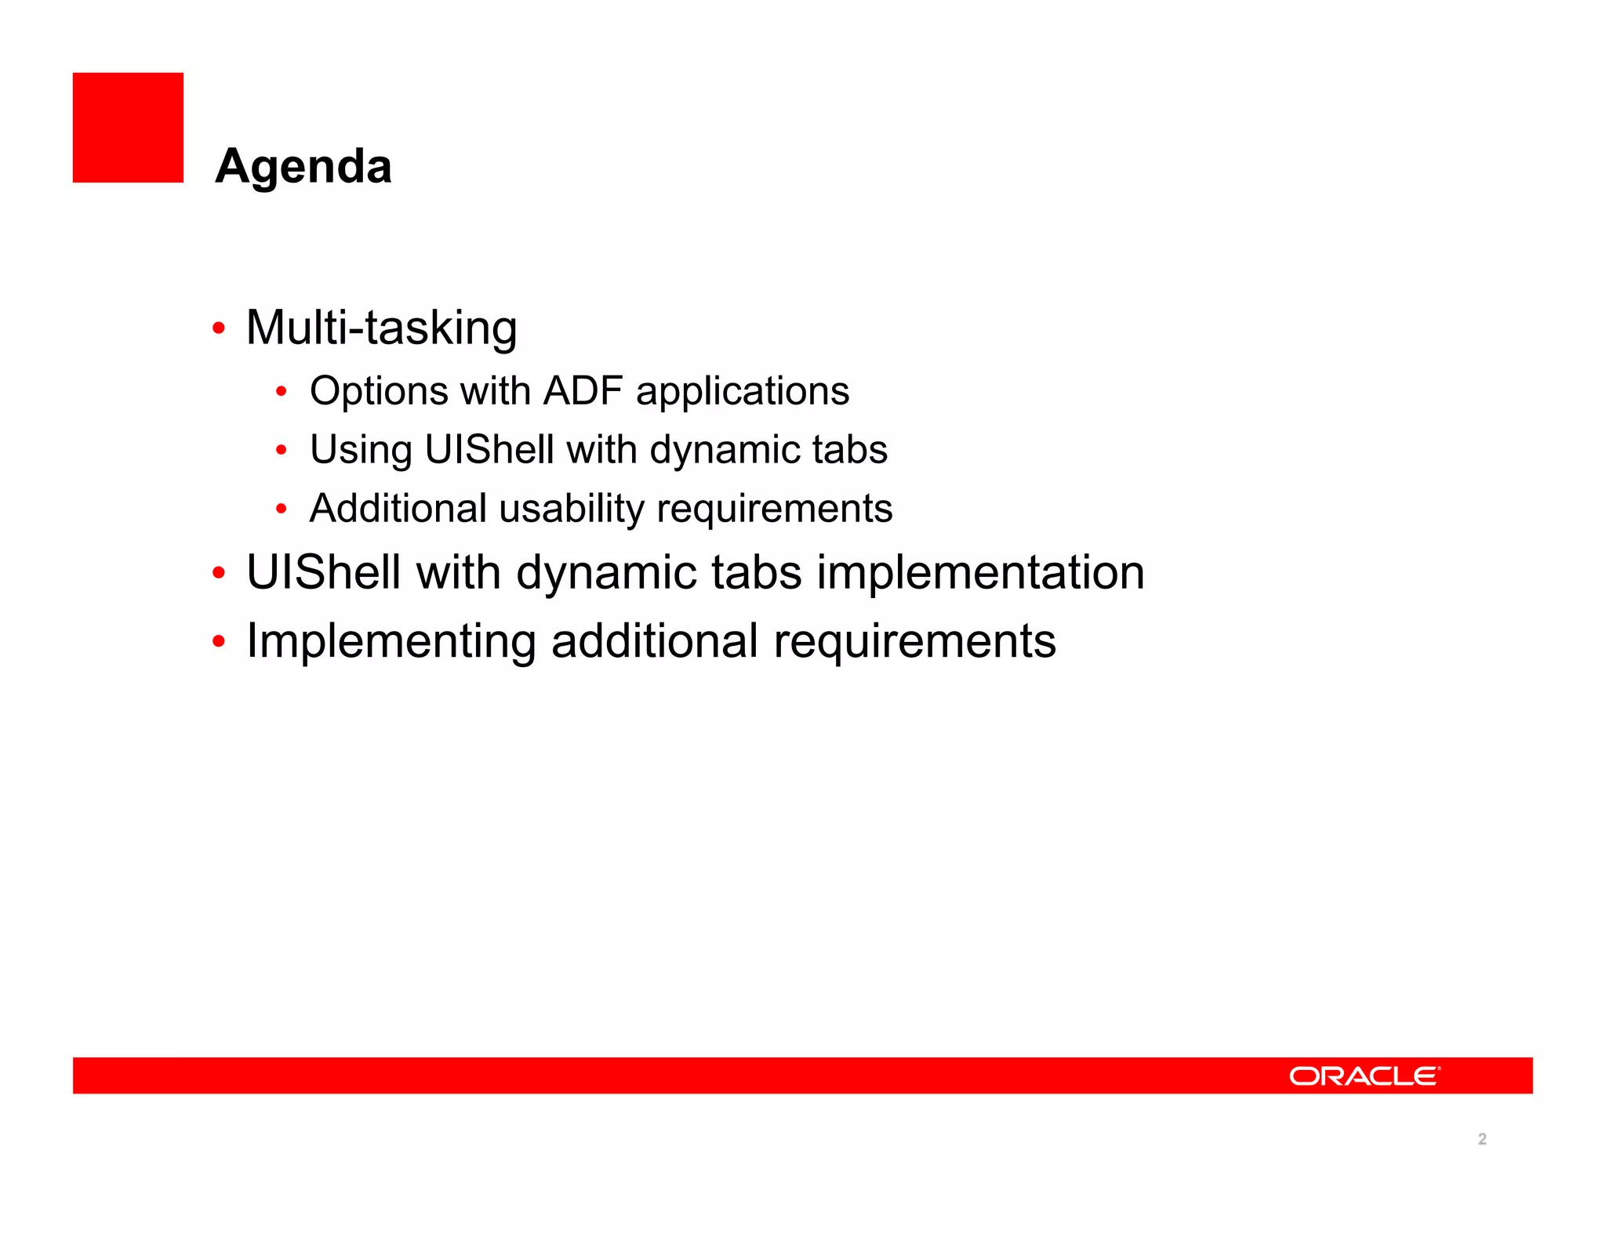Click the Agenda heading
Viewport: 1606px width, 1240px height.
pos(303,166)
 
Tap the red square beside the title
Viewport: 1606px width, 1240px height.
pos(128,128)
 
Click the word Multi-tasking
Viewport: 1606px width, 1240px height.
pos(381,328)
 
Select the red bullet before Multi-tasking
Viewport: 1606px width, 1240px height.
pos(219,328)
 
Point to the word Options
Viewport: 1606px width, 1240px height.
pos(379,391)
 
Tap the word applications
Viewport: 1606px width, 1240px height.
pos(742,391)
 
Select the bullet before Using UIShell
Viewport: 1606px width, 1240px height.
pos(282,451)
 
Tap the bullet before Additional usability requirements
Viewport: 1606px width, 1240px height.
pos(282,509)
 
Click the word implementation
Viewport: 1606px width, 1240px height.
pos(980,572)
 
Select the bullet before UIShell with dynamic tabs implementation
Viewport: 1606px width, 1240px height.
pos(219,573)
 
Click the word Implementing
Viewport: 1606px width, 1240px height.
pos(391,641)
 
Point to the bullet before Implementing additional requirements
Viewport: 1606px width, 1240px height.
pos(219,642)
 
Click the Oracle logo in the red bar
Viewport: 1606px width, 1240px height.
pos(1364,1075)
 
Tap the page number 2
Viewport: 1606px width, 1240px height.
pos(1481,1139)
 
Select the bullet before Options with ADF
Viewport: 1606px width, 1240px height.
pos(282,391)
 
